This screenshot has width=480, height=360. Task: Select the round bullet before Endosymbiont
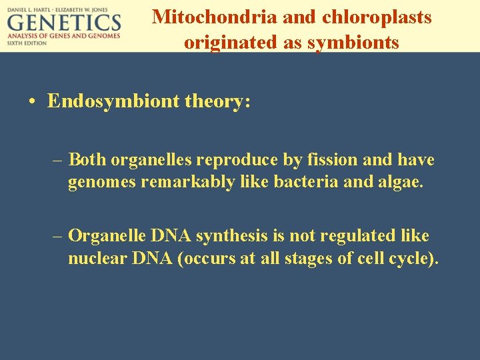pos(32,102)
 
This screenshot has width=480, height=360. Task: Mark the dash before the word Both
pos(59,160)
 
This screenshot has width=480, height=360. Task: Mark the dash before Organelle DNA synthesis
pos(59,236)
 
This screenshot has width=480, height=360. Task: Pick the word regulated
pos(351,236)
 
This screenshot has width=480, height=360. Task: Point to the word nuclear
pos(95,259)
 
